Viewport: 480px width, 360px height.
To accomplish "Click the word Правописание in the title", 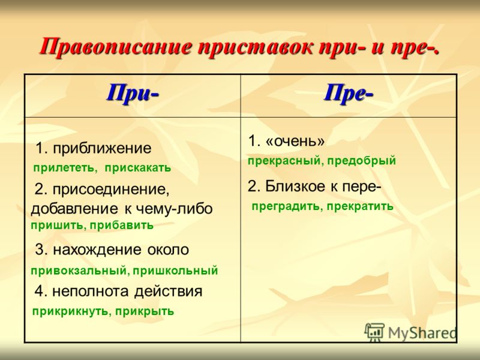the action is (x=116, y=47).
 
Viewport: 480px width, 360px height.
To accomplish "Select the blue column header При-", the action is (x=133, y=94).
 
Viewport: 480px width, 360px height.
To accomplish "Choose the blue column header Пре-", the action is (x=349, y=94).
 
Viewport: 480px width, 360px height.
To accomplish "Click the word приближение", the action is (x=102, y=149).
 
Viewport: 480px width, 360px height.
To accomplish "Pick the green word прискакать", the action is (x=138, y=169).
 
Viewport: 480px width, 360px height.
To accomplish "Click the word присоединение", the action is (x=111, y=190).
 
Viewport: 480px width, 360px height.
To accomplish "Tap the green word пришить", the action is (x=57, y=226).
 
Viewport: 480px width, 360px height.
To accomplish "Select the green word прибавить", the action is (x=122, y=226).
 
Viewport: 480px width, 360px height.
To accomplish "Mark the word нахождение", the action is (x=97, y=250).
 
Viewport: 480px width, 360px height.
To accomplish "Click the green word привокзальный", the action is (x=80, y=271).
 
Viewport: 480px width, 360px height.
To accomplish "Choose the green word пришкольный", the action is (x=175, y=271).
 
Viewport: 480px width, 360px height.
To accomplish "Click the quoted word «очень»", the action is (x=295, y=142).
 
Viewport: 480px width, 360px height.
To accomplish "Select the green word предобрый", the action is (x=362, y=161).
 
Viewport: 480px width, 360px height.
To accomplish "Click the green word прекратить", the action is (x=360, y=206).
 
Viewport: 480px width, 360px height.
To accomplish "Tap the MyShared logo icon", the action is (x=374, y=332).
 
